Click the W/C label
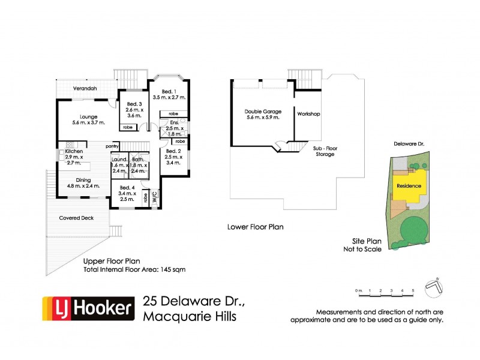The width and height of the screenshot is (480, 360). [153, 195]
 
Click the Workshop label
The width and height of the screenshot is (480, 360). [308, 114]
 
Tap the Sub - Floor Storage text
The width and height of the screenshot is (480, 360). [325, 151]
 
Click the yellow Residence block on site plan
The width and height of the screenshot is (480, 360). [409, 185]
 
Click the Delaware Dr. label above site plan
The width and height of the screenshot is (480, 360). [409, 145]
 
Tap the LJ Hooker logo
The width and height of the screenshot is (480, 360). [88, 309]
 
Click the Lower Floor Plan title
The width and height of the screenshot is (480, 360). [255, 227]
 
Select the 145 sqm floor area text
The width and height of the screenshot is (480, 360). [134, 270]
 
